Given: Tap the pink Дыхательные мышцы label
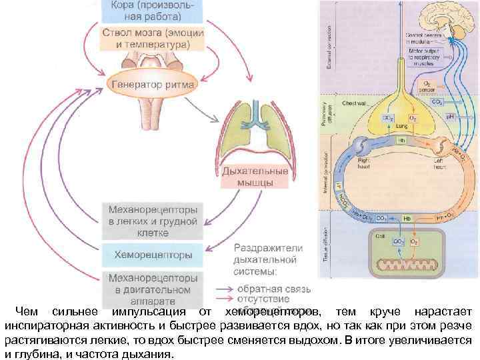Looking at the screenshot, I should click(x=257, y=177).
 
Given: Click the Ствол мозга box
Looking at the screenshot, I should click(x=153, y=39).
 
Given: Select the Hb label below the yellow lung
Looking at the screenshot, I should click(x=402, y=141).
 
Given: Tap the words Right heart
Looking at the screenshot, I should click(x=363, y=163).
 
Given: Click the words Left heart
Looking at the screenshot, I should click(x=439, y=164).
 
